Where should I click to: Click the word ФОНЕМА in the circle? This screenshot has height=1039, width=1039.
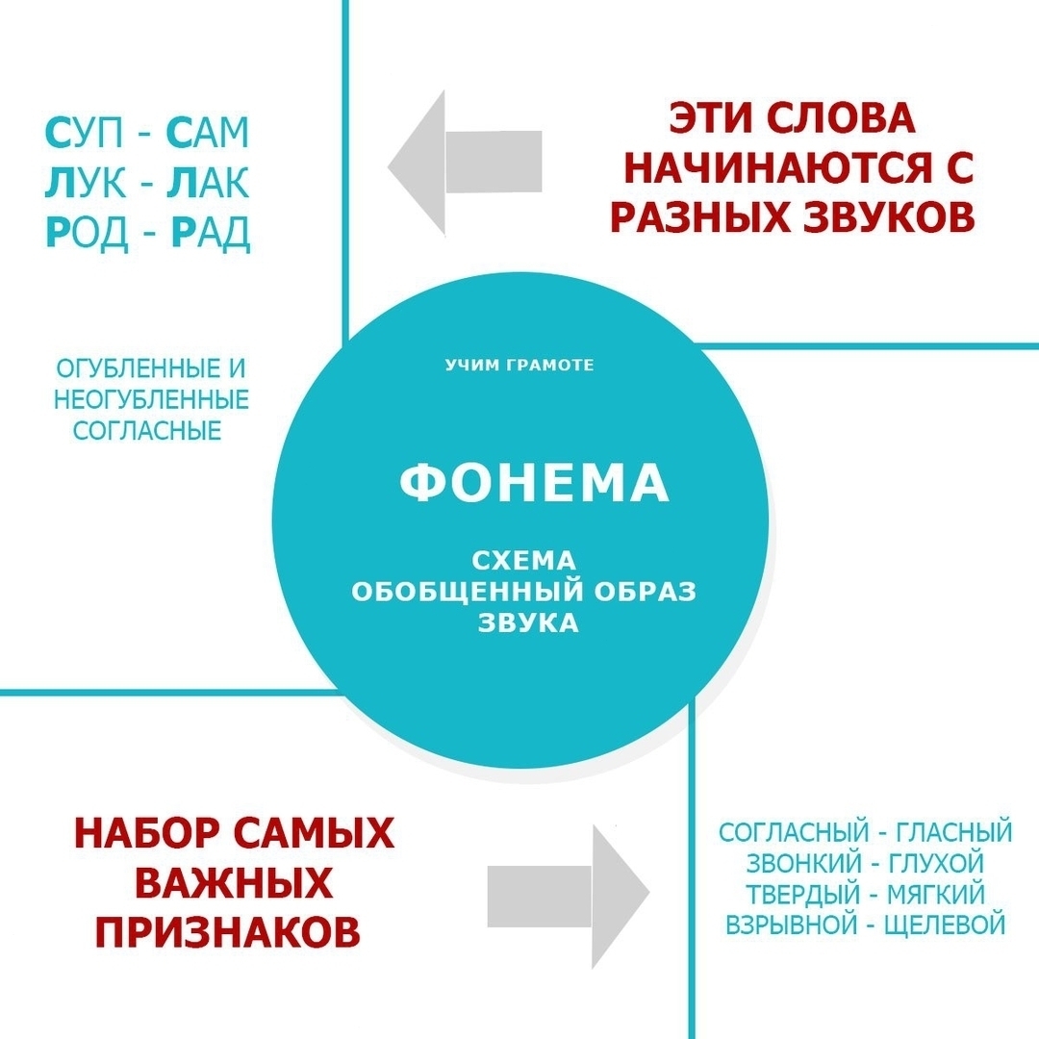click(x=534, y=484)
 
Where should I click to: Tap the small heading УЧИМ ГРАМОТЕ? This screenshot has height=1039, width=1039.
click(x=519, y=366)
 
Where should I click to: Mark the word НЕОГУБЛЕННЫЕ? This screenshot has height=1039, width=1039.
click(x=152, y=398)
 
